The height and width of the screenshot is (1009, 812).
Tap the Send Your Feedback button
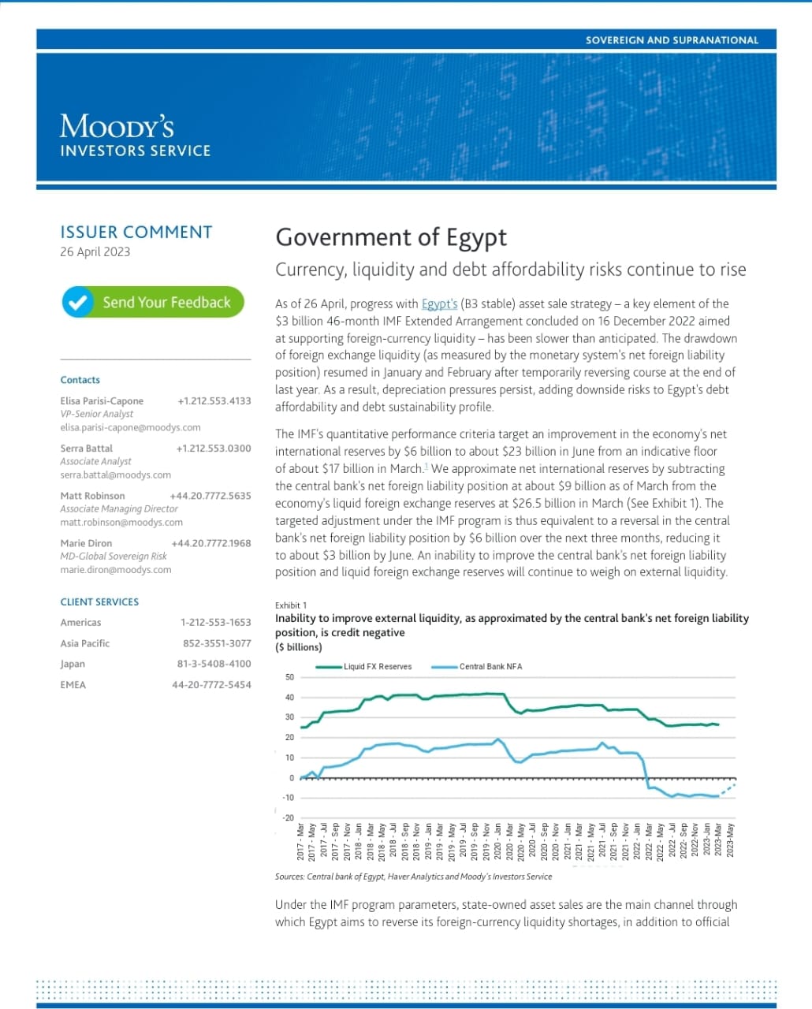point(153,302)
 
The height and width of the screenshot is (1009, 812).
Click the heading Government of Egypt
point(391,237)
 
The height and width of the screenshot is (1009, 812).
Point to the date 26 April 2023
point(95,251)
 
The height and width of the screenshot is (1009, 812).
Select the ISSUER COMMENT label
point(136,232)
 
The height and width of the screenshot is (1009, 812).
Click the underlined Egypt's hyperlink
point(439,303)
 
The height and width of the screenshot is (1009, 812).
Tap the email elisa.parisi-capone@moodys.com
point(130,427)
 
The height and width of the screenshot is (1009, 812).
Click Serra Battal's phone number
point(214,449)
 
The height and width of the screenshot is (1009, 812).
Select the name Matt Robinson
point(92,496)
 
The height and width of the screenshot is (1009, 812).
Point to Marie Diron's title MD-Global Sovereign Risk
point(114,556)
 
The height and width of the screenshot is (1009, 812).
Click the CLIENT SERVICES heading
point(99,601)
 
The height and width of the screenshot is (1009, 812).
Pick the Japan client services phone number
point(214,664)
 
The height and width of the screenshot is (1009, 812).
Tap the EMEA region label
point(73,684)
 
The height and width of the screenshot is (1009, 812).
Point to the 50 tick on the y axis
point(289,677)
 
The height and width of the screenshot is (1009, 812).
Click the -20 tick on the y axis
point(289,817)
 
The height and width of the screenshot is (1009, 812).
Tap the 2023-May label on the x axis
point(730,840)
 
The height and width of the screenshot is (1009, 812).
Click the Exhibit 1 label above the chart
point(291,605)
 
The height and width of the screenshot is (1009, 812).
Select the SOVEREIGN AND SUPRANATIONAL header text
point(672,39)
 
